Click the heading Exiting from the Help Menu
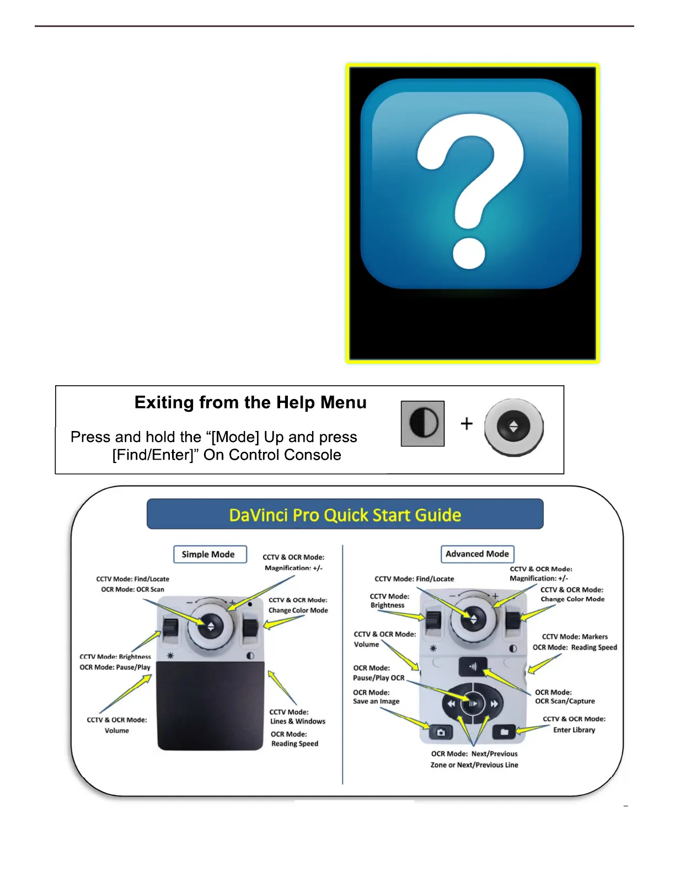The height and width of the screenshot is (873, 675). (250, 403)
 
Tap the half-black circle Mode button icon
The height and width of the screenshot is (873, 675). (422, 423)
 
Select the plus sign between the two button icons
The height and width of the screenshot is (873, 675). (467, 423)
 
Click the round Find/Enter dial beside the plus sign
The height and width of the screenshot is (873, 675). (513, 427)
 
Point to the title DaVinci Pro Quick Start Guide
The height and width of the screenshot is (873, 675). (345, 515)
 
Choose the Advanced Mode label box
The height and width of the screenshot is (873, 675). (477, 554)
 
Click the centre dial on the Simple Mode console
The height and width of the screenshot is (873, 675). (210, 626)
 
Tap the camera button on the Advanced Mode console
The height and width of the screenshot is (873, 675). (441, 732)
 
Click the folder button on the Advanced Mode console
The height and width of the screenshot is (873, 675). (503, 732)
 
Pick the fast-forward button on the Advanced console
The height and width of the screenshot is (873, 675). (494, 704)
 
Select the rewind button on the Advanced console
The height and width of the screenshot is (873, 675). (451, 704)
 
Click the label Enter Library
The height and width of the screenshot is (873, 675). (574, 730)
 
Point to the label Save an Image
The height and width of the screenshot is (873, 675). (376, 702)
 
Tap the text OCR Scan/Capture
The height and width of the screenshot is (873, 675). (565, 701)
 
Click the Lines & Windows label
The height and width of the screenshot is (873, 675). (298, 721)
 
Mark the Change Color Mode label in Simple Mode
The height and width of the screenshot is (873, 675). (298, 610)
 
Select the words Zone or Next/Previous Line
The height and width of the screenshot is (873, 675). (474, 765)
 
